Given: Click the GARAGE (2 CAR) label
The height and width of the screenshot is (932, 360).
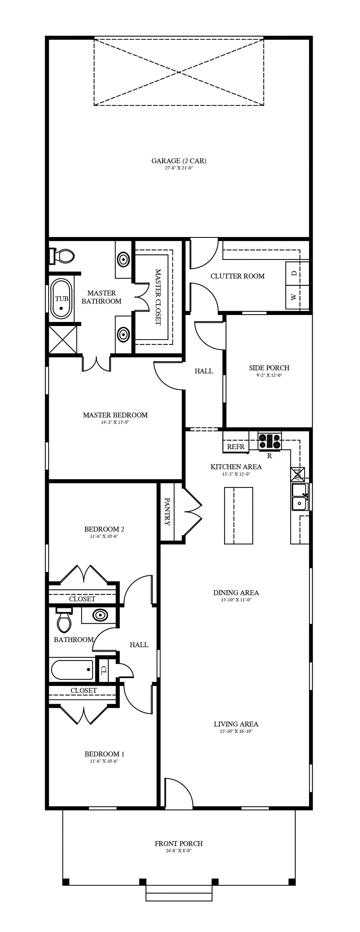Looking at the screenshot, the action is click(x=179, y=161).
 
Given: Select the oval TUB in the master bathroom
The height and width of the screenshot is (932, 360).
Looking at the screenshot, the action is click(x=61, y=299).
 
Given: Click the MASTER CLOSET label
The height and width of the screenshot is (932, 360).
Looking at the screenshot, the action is click(x=158, y=297).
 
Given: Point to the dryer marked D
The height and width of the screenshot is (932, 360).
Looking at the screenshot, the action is click(x=297, y=273).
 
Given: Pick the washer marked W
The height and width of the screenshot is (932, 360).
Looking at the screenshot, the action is click(x=297, y=297).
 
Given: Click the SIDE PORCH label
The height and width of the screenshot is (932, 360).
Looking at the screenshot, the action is click(x=269, y=368).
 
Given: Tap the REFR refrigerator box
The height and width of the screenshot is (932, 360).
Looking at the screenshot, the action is click(x=236, y=442).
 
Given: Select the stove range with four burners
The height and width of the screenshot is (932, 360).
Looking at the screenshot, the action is click(x=270, y=441).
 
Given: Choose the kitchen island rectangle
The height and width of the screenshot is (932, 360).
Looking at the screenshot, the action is click(x=239, y=515).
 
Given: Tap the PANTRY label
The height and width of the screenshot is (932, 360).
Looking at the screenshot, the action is click(x=167, y=512).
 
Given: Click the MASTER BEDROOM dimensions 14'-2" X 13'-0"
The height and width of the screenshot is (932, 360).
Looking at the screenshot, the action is click(x=115, y=422).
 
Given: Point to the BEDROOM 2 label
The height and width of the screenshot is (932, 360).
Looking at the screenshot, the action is click(x=104, y=529).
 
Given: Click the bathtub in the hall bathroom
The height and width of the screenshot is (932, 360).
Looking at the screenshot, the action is click(x=72, y=670).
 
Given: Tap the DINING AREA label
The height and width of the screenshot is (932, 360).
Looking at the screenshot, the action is click(x=236, y=592).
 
